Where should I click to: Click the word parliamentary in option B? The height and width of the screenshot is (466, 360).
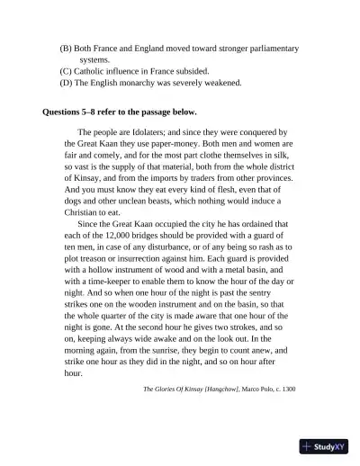[x=266, y=47]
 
